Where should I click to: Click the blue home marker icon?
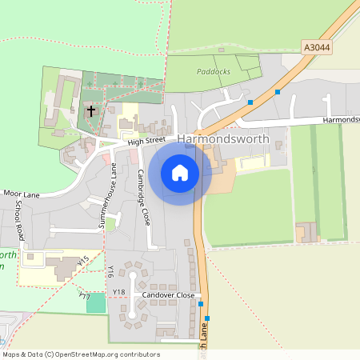point(180,173)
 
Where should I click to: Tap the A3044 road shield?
point(317,48)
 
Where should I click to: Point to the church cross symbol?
point(91,111)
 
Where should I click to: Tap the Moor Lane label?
point(22,194)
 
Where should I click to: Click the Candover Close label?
point(168,295)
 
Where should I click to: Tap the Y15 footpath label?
point(82,262)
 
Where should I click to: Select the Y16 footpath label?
point(110,272)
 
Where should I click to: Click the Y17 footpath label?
point(84,296)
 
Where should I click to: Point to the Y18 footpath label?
point(119,292)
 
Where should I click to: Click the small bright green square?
point(96,302)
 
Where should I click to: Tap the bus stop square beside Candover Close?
point(201,304)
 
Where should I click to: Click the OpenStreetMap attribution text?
point(80,354)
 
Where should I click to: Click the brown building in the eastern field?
point(306,232)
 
